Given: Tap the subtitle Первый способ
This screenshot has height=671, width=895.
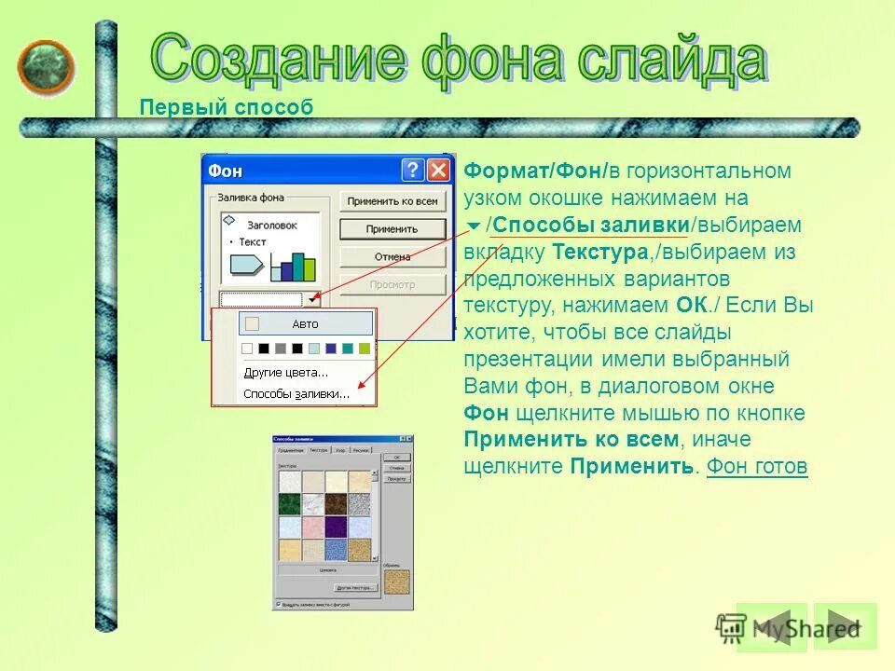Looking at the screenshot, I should point(227,107).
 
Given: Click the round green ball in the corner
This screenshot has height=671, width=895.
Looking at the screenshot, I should point(46,67).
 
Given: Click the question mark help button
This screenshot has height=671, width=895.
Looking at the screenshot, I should point(413,171).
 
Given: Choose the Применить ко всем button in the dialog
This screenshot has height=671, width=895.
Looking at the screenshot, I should point(392,201).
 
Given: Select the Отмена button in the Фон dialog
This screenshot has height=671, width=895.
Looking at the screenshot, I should point(392,256).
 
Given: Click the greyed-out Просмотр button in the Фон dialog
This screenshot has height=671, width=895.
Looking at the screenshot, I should point(392,284).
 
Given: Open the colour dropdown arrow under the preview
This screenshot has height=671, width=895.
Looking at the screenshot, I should point(312,299).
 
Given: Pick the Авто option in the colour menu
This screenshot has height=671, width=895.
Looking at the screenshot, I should point(306,324).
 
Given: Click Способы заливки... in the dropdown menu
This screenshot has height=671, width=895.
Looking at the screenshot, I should point(296,393).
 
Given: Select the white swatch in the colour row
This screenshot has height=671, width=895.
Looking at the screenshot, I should point(247,349).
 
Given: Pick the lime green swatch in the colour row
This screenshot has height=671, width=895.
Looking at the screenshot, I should point(365,349).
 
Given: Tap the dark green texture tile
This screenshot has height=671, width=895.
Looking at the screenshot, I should point(289,503).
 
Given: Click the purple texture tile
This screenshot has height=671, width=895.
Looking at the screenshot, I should point(336,527).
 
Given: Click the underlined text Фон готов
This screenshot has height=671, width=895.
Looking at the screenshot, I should point(757,466).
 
